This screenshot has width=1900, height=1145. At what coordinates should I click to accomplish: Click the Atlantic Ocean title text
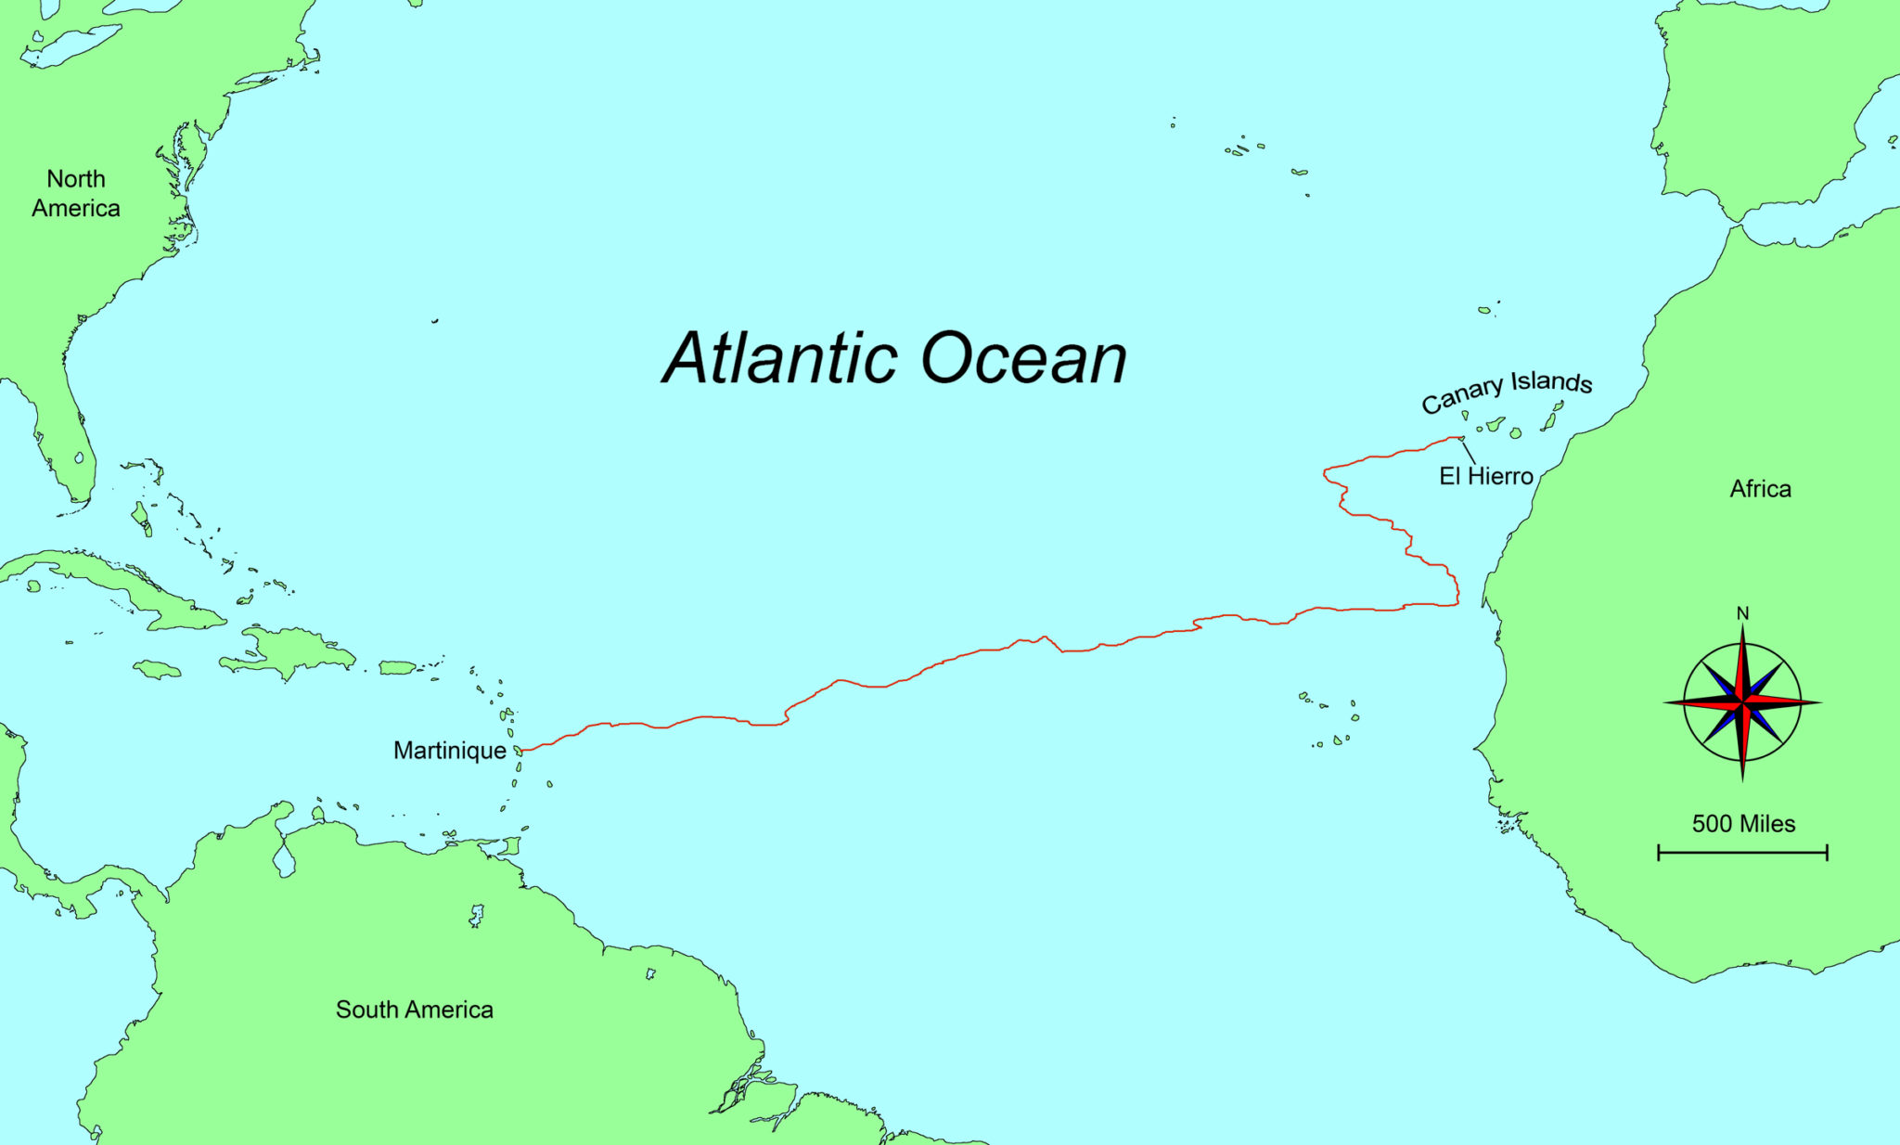(x=894, y=358)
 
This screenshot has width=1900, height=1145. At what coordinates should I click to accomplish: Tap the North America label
(x=76, y=193)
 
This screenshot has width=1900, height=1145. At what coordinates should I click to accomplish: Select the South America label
(x=414, y=1010)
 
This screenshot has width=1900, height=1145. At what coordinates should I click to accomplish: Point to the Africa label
(x=1760, y=489)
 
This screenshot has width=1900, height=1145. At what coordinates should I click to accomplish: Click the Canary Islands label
(x=1507, y=391)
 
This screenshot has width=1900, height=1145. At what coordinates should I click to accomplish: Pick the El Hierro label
(x=1485, y=476)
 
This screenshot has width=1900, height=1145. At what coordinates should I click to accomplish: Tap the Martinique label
(x=450, y=750)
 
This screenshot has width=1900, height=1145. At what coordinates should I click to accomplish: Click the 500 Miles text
(x=1743, y=824)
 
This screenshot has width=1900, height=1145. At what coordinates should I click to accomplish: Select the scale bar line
(x=1742, y=853)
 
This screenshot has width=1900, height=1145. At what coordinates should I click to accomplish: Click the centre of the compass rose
(x=1742, y=702)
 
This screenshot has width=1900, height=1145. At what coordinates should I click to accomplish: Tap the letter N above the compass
(x=1742, y=613)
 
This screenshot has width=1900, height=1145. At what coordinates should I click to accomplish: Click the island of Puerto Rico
(x=397, y=667)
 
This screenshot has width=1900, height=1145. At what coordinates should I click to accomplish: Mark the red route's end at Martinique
(x=521, y=750)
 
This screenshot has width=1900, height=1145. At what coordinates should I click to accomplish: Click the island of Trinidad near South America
(x=509, y=845)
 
